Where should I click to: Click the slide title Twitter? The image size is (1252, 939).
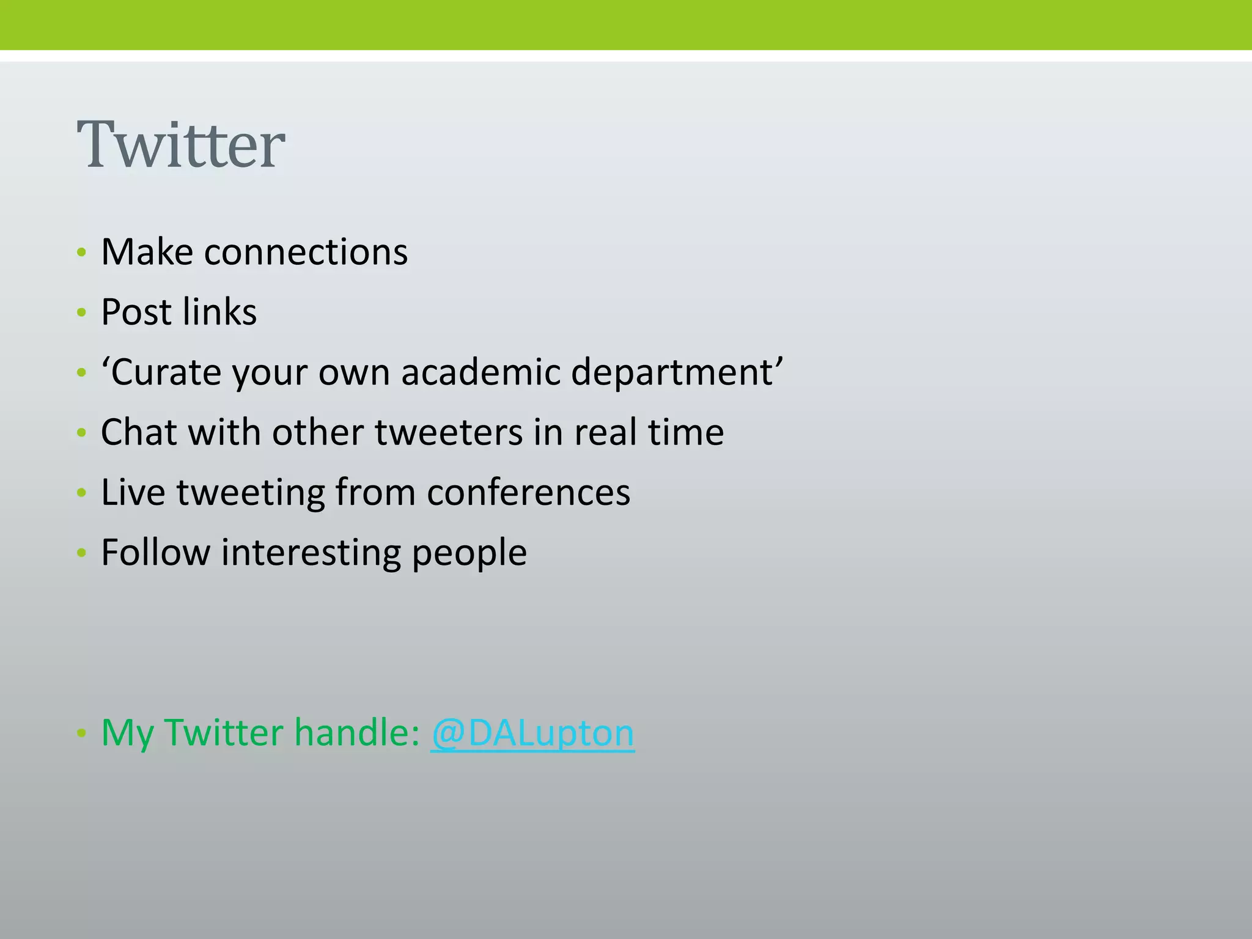[x=181, y=145]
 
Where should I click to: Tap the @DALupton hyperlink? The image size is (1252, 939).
[x=532, y=732]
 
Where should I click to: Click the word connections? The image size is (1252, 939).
[x=306, y=252]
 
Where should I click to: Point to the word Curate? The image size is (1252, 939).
[x=161, y=372]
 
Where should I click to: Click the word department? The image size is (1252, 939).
[x=672, y=372]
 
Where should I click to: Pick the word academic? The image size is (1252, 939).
[x=481, y=372]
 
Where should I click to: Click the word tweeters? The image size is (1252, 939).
[x=449, y=432]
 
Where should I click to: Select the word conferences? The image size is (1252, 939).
[x=528, y=492]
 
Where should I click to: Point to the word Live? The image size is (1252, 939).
[x=133, y=492]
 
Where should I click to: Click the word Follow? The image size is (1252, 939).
[x=155, y=552]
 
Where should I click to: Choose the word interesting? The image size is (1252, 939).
[x=311, y=552]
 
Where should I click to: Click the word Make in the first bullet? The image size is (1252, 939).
[x=147, y=252]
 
